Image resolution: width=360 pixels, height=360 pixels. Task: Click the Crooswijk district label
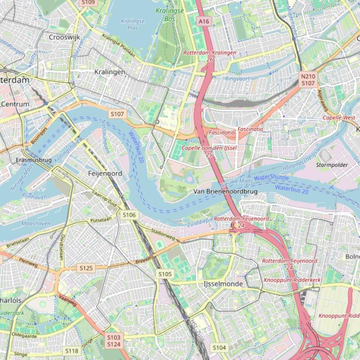click(65, 37)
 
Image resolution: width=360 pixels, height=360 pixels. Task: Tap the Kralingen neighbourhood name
click(109, 72)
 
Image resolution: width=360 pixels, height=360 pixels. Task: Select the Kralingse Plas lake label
click(133, 24)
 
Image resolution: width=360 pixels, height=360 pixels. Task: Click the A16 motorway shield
click(203, 22)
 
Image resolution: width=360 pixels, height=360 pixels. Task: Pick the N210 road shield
click(308, 76)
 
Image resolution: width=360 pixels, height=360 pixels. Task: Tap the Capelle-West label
click(338, 117)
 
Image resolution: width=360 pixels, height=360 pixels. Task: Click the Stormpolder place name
click(332, 165)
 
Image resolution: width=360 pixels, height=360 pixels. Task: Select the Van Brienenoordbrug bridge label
click(226, 192)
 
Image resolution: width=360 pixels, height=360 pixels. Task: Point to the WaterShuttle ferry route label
click(272, 178)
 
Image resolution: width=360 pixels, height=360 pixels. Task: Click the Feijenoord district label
click(105, 173)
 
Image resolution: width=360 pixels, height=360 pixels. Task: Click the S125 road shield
click(86, 268)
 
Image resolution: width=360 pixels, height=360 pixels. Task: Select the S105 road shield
click(165, 274)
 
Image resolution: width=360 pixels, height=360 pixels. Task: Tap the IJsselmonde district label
click(223, 284)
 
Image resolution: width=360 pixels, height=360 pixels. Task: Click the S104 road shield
click(219, 347)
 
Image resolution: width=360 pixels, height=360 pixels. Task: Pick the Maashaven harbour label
click(36, 223)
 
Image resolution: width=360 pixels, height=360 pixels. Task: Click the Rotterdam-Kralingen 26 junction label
click(209, 56)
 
